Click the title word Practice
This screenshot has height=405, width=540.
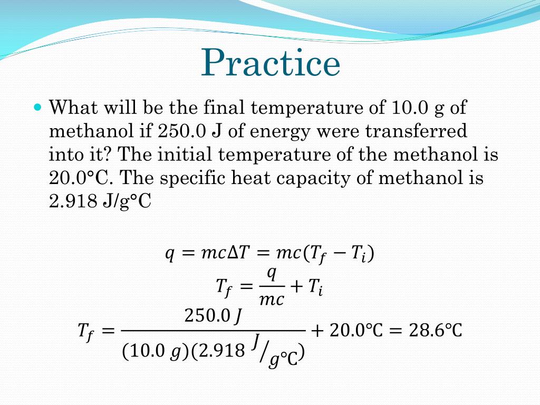click(271, 63)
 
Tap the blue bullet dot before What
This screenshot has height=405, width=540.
click(37, 107)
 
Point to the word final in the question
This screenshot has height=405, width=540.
click(221, 108)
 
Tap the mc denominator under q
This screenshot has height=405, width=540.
click(272, 300)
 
